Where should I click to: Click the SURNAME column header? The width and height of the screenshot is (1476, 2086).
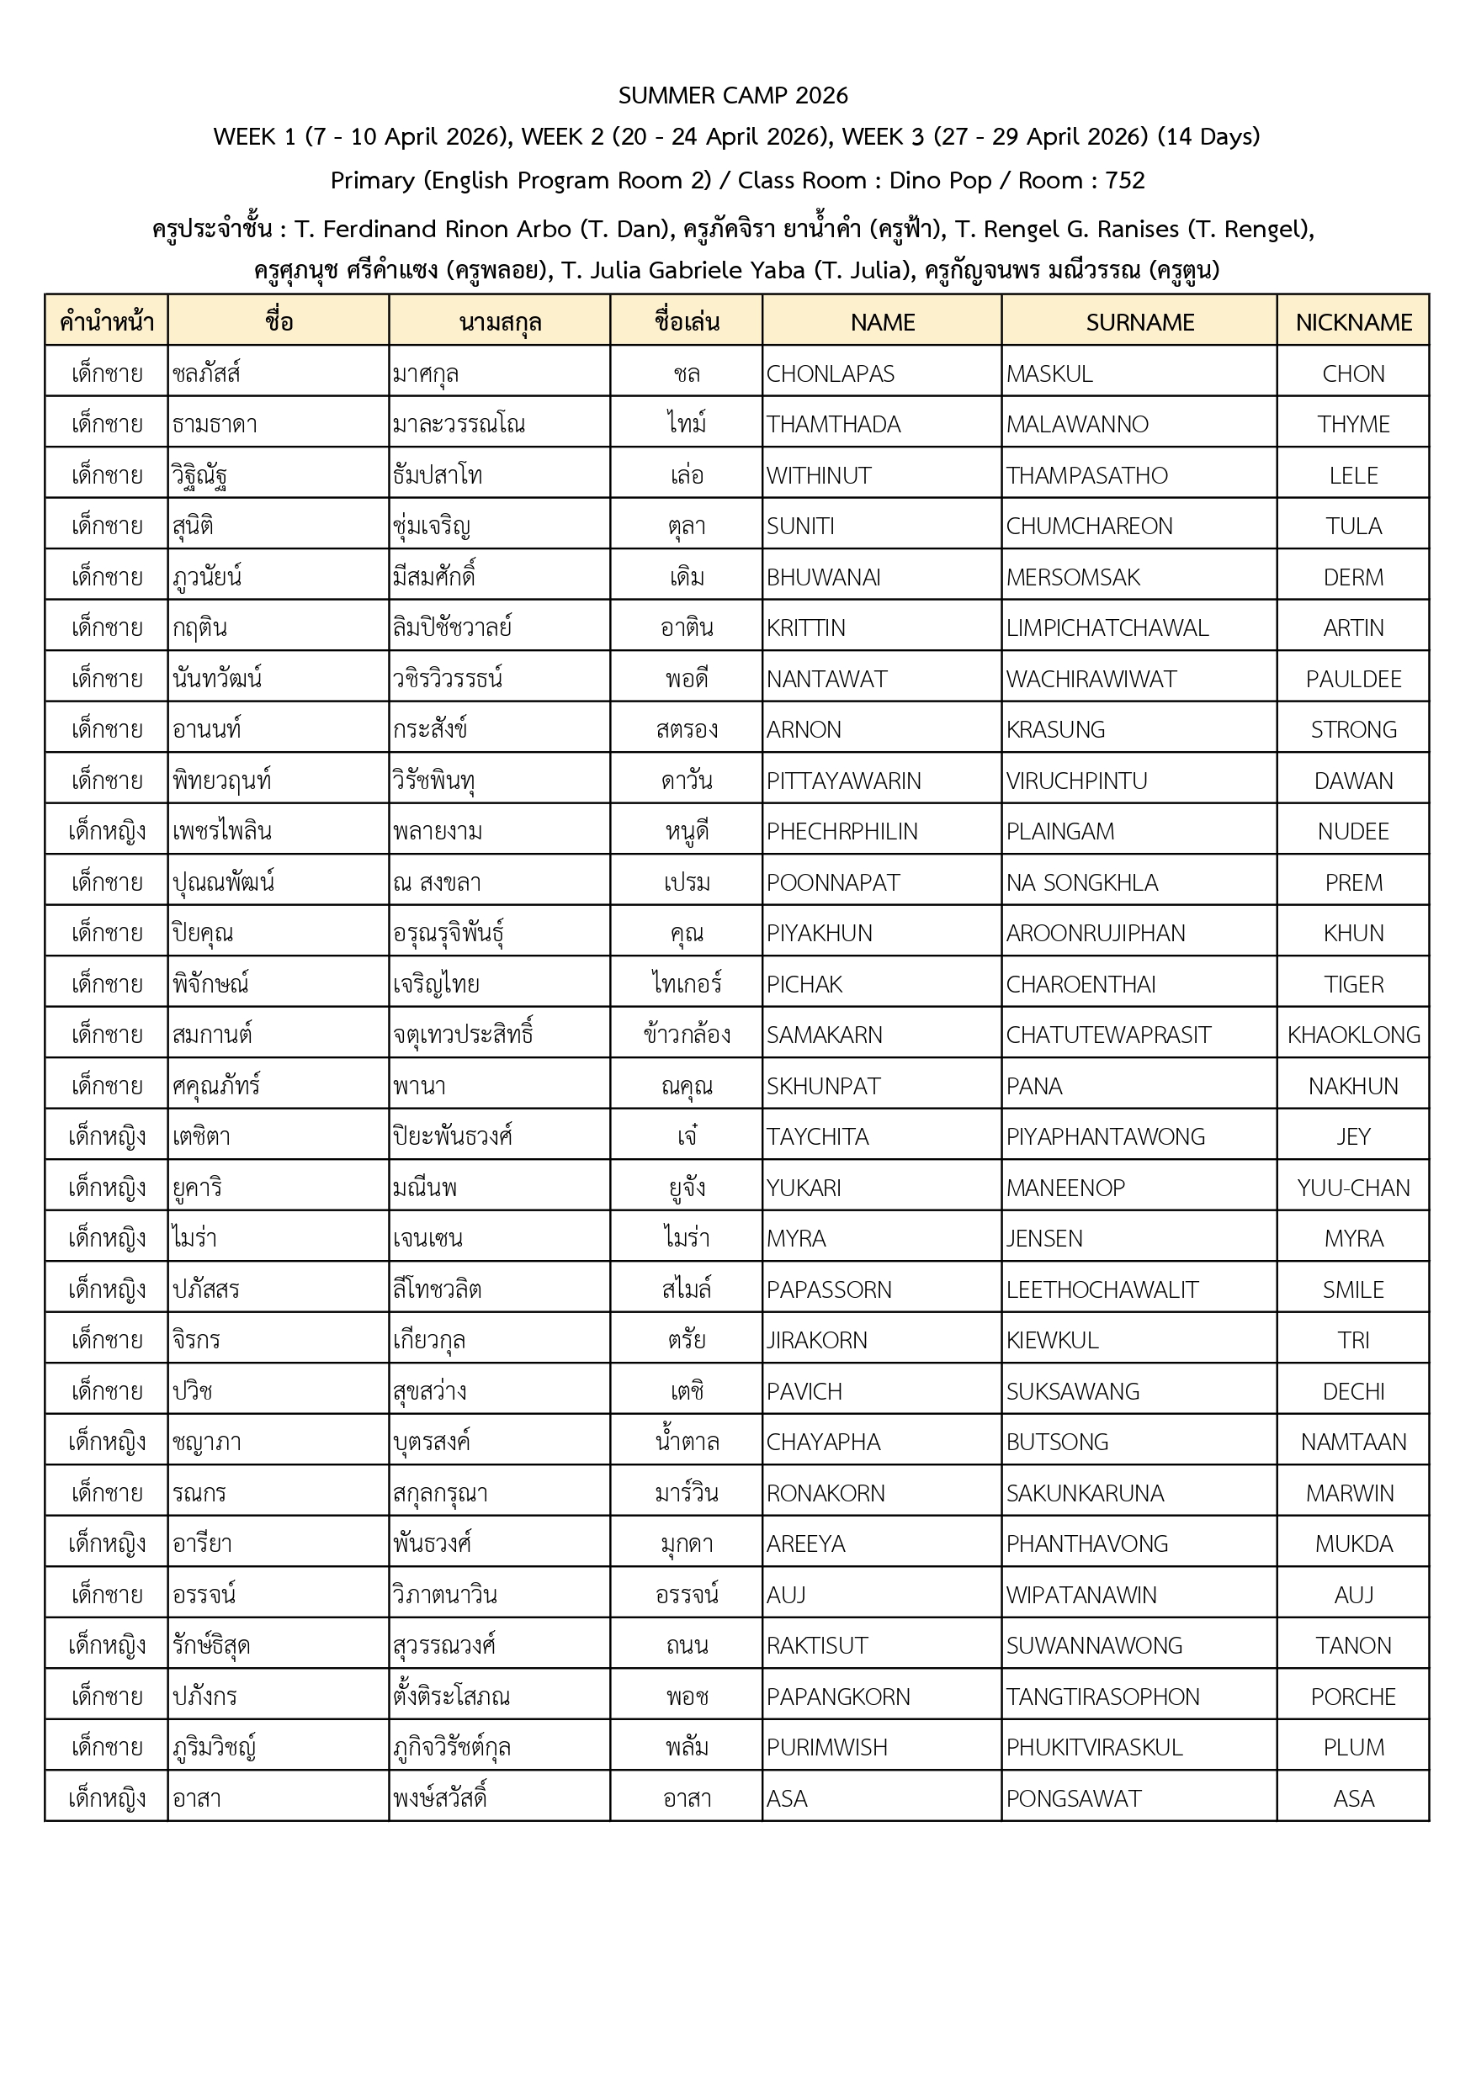click(1139, 322)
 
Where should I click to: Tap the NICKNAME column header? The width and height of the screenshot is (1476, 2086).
click(1353, 322)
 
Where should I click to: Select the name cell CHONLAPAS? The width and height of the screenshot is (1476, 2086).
click(830, 373)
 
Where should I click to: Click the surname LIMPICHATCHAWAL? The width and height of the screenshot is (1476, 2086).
click(1107, 627)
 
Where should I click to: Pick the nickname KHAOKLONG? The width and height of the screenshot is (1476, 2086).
click(1353, 1035)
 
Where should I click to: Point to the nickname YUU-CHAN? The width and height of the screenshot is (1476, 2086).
click(1353, 1188)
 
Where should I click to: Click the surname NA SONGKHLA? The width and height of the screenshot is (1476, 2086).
click(1081, 882)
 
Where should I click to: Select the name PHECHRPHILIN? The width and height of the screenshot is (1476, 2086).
click(842, 831)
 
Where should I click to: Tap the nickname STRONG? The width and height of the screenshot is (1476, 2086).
click(1353, 729)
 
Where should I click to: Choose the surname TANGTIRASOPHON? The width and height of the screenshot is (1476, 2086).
click(1102, 1697)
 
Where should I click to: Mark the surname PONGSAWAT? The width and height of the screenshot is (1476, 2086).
click(1074, 1798)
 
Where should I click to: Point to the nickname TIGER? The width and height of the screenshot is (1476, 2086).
click(1353, 984)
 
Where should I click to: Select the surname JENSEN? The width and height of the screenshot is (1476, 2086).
click(1044, 1238)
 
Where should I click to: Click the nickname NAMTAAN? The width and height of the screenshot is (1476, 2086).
click(1353, 1442)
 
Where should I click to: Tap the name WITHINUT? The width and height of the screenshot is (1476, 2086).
click(818, 475)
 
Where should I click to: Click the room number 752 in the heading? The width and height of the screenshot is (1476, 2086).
click(1124, 180)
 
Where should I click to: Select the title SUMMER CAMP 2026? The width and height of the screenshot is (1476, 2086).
click(733, 95)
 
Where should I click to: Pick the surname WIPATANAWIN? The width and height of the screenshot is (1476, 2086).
click(1080, 1595)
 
